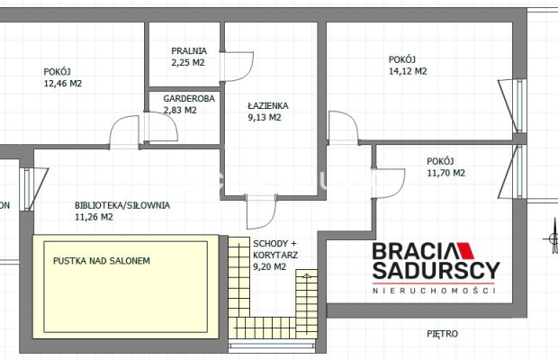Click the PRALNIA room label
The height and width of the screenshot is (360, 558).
[x=189, y=51]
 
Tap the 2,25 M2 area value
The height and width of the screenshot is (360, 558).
[x=188, y=63]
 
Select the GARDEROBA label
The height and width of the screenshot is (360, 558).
[x=189, y=98]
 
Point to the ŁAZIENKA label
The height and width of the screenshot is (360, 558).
[x=268, y=105]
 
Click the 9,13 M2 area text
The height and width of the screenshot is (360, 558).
[x=265, y=117]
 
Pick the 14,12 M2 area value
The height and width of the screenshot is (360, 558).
[x=408, y=71]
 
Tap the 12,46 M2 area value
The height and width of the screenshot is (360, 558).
[x=63, y=84]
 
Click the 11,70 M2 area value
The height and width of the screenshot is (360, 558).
[x=445, y=173]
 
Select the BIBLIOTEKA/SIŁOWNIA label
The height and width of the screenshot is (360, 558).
[x=122, y=205]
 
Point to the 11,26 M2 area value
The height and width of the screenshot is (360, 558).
[x=94, y=217]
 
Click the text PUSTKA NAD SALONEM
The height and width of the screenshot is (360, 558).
[x=102, y=261]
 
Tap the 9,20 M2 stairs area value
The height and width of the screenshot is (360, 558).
[x=269, y=266]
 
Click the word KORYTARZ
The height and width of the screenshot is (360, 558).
[x=275, y=255]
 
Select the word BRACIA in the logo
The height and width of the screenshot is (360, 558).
[x=413, y=251]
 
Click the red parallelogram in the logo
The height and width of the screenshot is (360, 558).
[x=465, y=250]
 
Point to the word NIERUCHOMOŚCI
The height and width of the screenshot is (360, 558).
[x=434, y=291]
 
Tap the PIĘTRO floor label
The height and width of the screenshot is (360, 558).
[x=442, y=334]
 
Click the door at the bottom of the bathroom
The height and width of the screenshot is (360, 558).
[x=261, y=212]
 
